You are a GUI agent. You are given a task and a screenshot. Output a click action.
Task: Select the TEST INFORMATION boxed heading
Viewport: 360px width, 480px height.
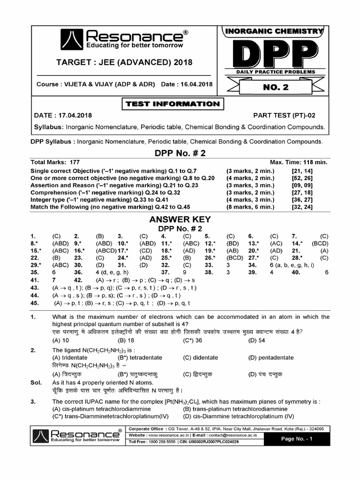(x=172, y=104)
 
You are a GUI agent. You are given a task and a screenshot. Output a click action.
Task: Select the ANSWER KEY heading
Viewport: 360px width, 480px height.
(x=180, y=219)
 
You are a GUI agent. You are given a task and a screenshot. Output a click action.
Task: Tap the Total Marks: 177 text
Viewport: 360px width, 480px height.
(x=55, y=162)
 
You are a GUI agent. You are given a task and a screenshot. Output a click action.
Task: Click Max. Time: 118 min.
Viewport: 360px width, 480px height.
(x=298, y=162)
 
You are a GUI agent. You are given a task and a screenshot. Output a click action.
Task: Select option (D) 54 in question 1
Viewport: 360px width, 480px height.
(x=257, y=340)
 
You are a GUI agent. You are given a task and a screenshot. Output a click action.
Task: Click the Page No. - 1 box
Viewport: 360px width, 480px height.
(x=296, y=439)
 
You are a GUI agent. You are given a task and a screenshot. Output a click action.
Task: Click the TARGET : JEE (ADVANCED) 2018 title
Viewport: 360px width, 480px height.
(x=124, y=62)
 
